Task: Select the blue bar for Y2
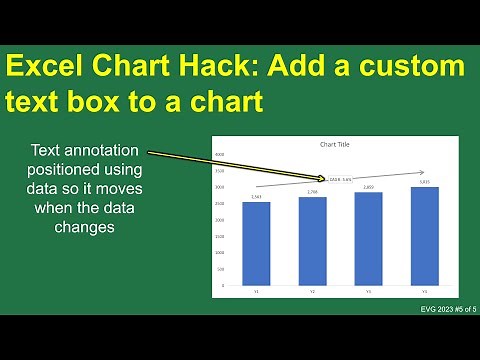point(312,240)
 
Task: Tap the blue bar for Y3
point(368,238)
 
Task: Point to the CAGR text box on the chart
point(339,180)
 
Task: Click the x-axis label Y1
point(256,291)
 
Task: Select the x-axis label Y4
point(424,291)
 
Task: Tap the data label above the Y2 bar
point(312,192)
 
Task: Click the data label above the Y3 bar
point(368,187)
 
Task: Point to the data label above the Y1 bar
point(256,197)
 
